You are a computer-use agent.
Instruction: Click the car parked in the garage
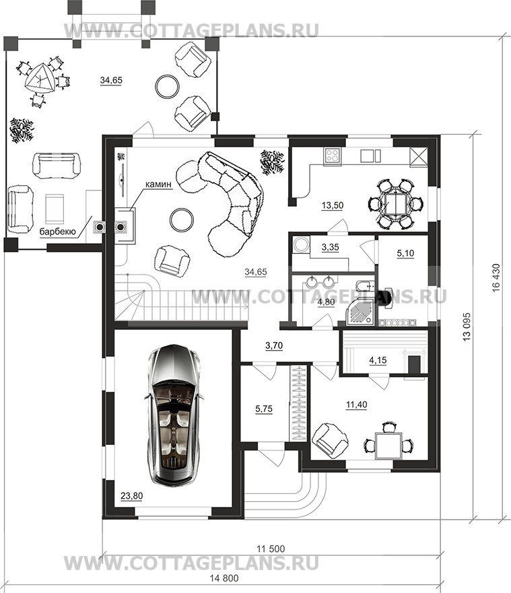point(175,414)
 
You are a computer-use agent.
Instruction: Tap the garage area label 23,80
point(132,496)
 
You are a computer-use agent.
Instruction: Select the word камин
point(158,184)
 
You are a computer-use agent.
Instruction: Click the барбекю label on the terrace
point(58,232)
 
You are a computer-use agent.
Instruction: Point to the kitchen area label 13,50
point(333,205)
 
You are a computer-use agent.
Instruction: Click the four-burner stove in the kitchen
point(333,155)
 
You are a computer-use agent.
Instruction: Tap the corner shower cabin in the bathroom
point(361,310)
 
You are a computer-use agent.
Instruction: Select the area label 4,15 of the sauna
point(378,360)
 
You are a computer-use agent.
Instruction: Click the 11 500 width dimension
point(271,549)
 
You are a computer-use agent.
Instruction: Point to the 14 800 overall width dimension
point(224,579)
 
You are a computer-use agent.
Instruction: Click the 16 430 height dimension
point(496,277)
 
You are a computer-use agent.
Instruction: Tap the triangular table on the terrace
point(39,79)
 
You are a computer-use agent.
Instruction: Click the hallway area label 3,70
point(274,345)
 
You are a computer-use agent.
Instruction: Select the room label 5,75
point(264,409)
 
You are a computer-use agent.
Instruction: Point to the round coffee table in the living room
point(182,219)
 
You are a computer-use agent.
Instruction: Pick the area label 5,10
point(405,253)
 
